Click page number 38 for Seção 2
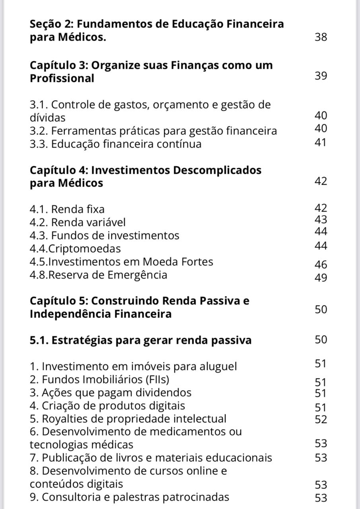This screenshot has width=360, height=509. [x=321, y=38]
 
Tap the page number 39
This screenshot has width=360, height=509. [x=321, y=76]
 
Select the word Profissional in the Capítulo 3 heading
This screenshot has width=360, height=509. [x=62, y=78]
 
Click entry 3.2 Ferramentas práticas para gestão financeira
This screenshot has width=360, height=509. [x=153, y=131]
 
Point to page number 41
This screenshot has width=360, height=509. [x=321, y=142]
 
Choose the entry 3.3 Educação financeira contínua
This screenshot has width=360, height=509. [x=115, y=144]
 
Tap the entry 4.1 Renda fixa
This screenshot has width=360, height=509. [x=67, y=209]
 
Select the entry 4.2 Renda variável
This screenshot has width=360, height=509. [x=78, y=222]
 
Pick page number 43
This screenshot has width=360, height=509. [x=321, y=220]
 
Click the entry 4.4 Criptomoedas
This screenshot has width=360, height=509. [x=75, y=249]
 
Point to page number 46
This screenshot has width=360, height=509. [x=321, y=265]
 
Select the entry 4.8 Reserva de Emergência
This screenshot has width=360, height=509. [x=98, y=275]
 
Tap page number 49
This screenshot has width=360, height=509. [x=321, y=278]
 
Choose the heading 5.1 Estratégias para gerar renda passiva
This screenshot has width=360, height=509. [x=140, y=340]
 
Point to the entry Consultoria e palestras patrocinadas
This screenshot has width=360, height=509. [x=130, y=497]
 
